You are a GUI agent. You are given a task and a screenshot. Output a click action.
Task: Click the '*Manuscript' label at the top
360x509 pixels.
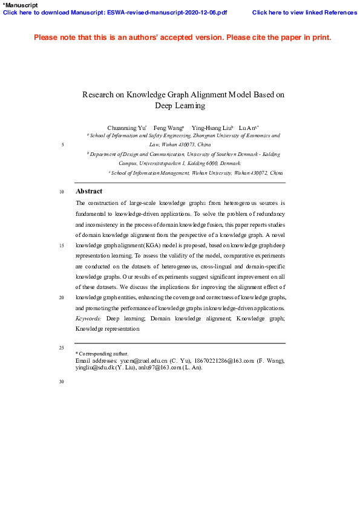[21, 5]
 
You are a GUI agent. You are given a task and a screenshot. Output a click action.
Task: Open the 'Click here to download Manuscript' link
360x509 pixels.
[115, 12]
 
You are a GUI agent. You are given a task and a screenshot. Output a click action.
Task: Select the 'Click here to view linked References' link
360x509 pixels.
[304, 12]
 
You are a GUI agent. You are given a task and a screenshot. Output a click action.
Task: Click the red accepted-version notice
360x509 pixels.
[182, 37]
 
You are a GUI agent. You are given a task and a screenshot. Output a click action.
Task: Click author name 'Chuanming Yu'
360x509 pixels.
[126, 128]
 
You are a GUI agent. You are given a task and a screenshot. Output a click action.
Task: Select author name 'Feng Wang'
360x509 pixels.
[168, 128]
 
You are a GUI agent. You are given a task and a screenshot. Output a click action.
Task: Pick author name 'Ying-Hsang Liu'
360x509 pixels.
[211, 128]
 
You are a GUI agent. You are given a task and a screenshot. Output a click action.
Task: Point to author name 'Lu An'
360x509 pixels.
[247, 128]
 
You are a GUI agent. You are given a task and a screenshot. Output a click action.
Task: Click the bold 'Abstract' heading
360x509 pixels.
[89, 191]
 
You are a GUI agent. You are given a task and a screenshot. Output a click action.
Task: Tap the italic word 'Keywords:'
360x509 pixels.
[88, 317]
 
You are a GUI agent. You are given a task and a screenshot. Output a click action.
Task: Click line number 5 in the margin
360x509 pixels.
[62, 145]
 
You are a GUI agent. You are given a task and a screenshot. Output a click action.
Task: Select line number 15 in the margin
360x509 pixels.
[62, 246]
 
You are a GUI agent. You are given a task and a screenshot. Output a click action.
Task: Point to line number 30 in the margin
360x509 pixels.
[62, 381]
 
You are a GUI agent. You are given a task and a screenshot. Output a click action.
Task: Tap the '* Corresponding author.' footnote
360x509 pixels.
[102, 354]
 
